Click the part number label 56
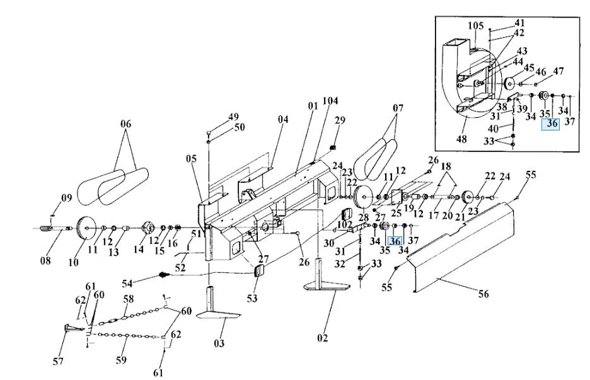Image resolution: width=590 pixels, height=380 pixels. click(483, 294)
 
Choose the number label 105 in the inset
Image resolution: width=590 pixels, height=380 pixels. click(476, 26)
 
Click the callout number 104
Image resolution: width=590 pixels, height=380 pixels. click(331, 101)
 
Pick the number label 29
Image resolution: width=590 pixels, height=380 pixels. click(340, 120)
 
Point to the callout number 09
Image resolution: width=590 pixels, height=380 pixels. click(66, 199)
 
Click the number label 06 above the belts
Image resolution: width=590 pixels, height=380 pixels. click(126, 125)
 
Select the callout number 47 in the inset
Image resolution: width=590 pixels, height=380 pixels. click(558, 71)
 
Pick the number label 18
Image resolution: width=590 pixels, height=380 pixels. click(446, 166)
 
